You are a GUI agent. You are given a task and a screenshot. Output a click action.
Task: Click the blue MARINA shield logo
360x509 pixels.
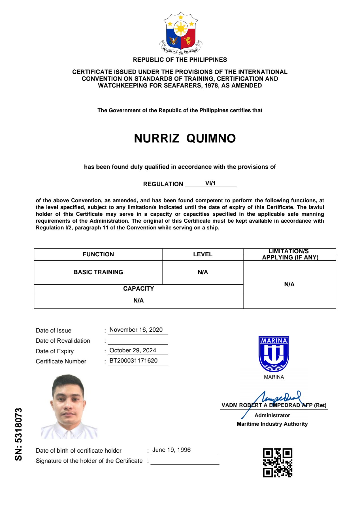274,354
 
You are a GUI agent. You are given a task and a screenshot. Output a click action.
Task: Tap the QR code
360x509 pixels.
277,463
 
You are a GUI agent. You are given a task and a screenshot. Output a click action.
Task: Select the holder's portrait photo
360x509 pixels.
69,407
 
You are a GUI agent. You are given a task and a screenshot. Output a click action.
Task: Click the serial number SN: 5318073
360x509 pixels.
19,434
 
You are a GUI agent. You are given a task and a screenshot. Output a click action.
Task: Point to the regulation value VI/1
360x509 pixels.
210,183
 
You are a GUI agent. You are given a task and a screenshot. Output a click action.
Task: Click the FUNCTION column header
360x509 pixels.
98,254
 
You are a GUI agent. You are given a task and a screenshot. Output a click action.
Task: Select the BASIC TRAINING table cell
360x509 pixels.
98,272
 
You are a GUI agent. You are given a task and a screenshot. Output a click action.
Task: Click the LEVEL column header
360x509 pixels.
203,254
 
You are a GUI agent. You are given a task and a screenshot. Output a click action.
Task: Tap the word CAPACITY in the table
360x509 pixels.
139,289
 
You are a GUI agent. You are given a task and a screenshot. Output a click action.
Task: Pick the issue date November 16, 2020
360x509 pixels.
136,330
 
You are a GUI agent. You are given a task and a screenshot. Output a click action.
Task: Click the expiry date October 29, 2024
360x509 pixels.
133,350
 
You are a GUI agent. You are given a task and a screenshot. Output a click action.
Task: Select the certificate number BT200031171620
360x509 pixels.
133,361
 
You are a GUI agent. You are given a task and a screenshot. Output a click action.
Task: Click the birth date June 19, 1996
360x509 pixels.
171,450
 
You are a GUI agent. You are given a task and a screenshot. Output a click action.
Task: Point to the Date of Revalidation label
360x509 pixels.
63,341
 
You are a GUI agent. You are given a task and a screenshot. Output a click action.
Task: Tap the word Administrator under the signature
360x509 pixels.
272,416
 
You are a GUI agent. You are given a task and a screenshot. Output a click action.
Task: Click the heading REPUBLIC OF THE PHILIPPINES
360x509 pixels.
180,60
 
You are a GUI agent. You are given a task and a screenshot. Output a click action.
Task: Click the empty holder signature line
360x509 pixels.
185,462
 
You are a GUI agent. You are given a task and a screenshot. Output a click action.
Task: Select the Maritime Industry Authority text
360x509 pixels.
272,424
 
